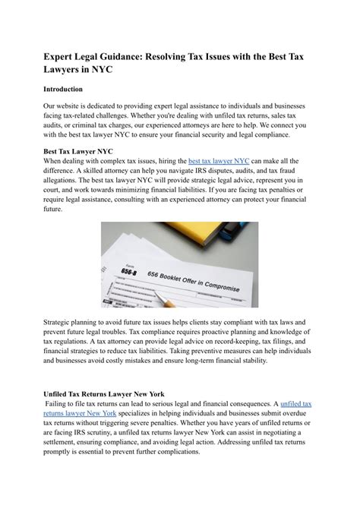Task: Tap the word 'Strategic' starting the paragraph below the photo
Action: [x=62, y=323]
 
